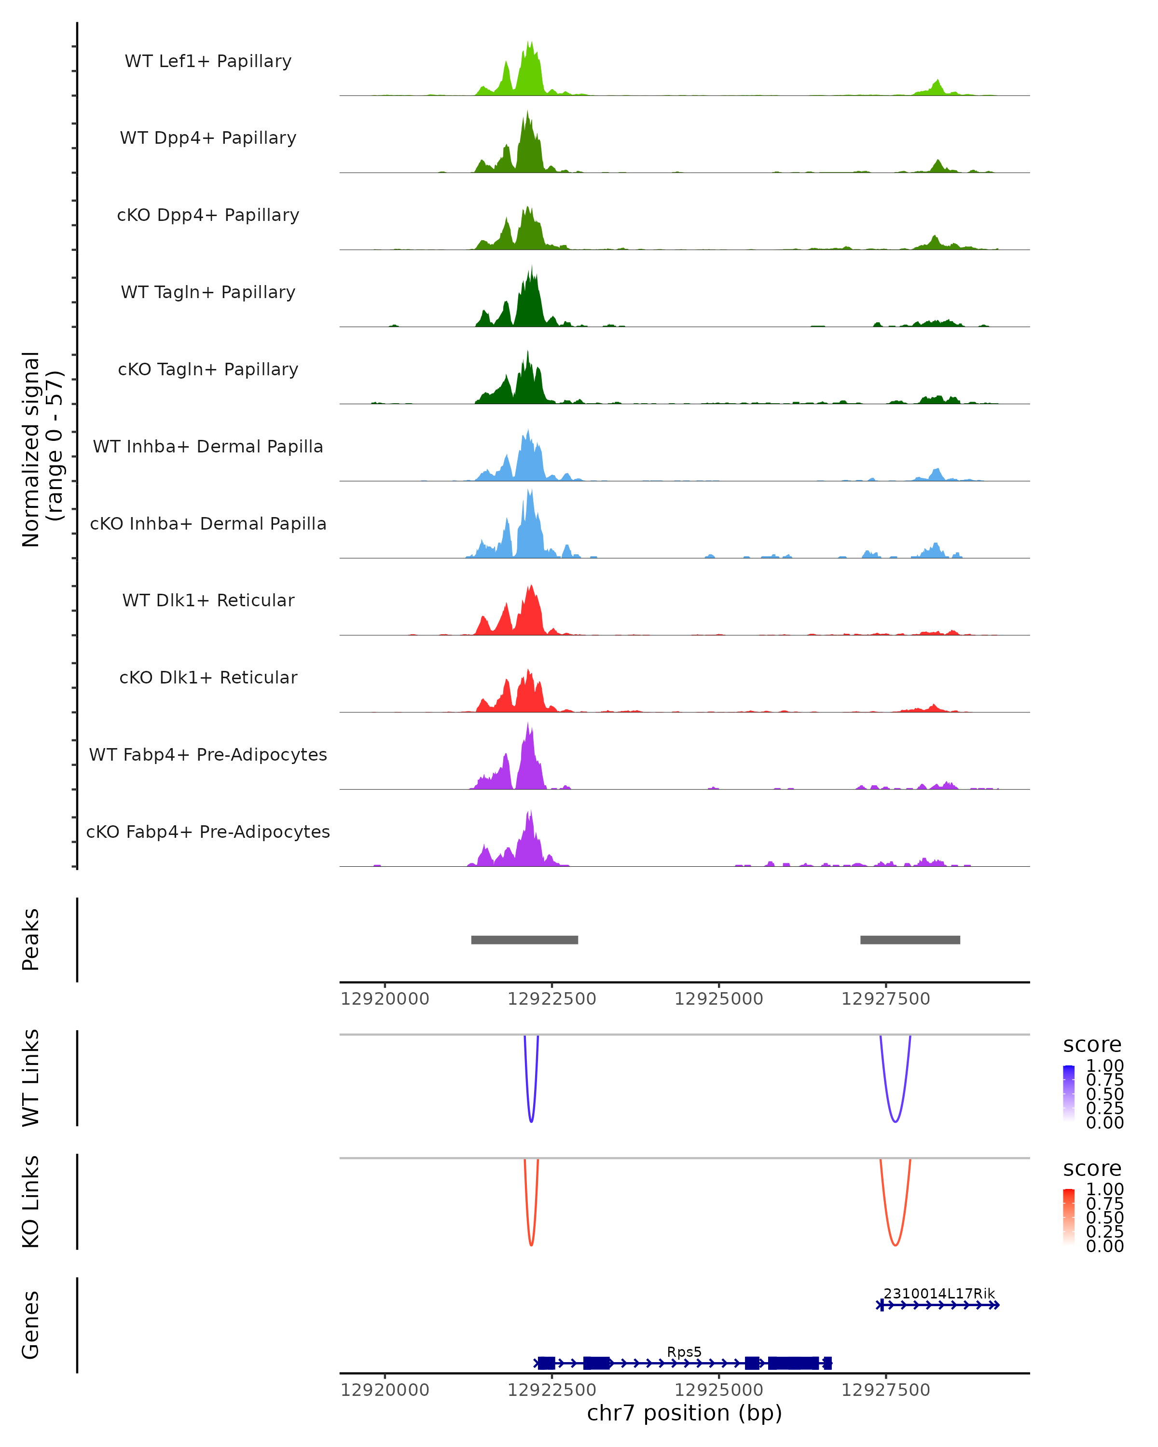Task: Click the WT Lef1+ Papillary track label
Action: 208,61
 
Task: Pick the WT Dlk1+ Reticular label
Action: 208,600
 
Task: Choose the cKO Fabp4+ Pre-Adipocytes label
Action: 208,832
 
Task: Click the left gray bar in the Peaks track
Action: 524,940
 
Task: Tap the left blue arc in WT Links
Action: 531,1118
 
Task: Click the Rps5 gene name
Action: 684,1351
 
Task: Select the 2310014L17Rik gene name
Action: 938,1293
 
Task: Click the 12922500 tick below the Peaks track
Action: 552,999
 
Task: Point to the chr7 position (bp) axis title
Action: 684,1413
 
